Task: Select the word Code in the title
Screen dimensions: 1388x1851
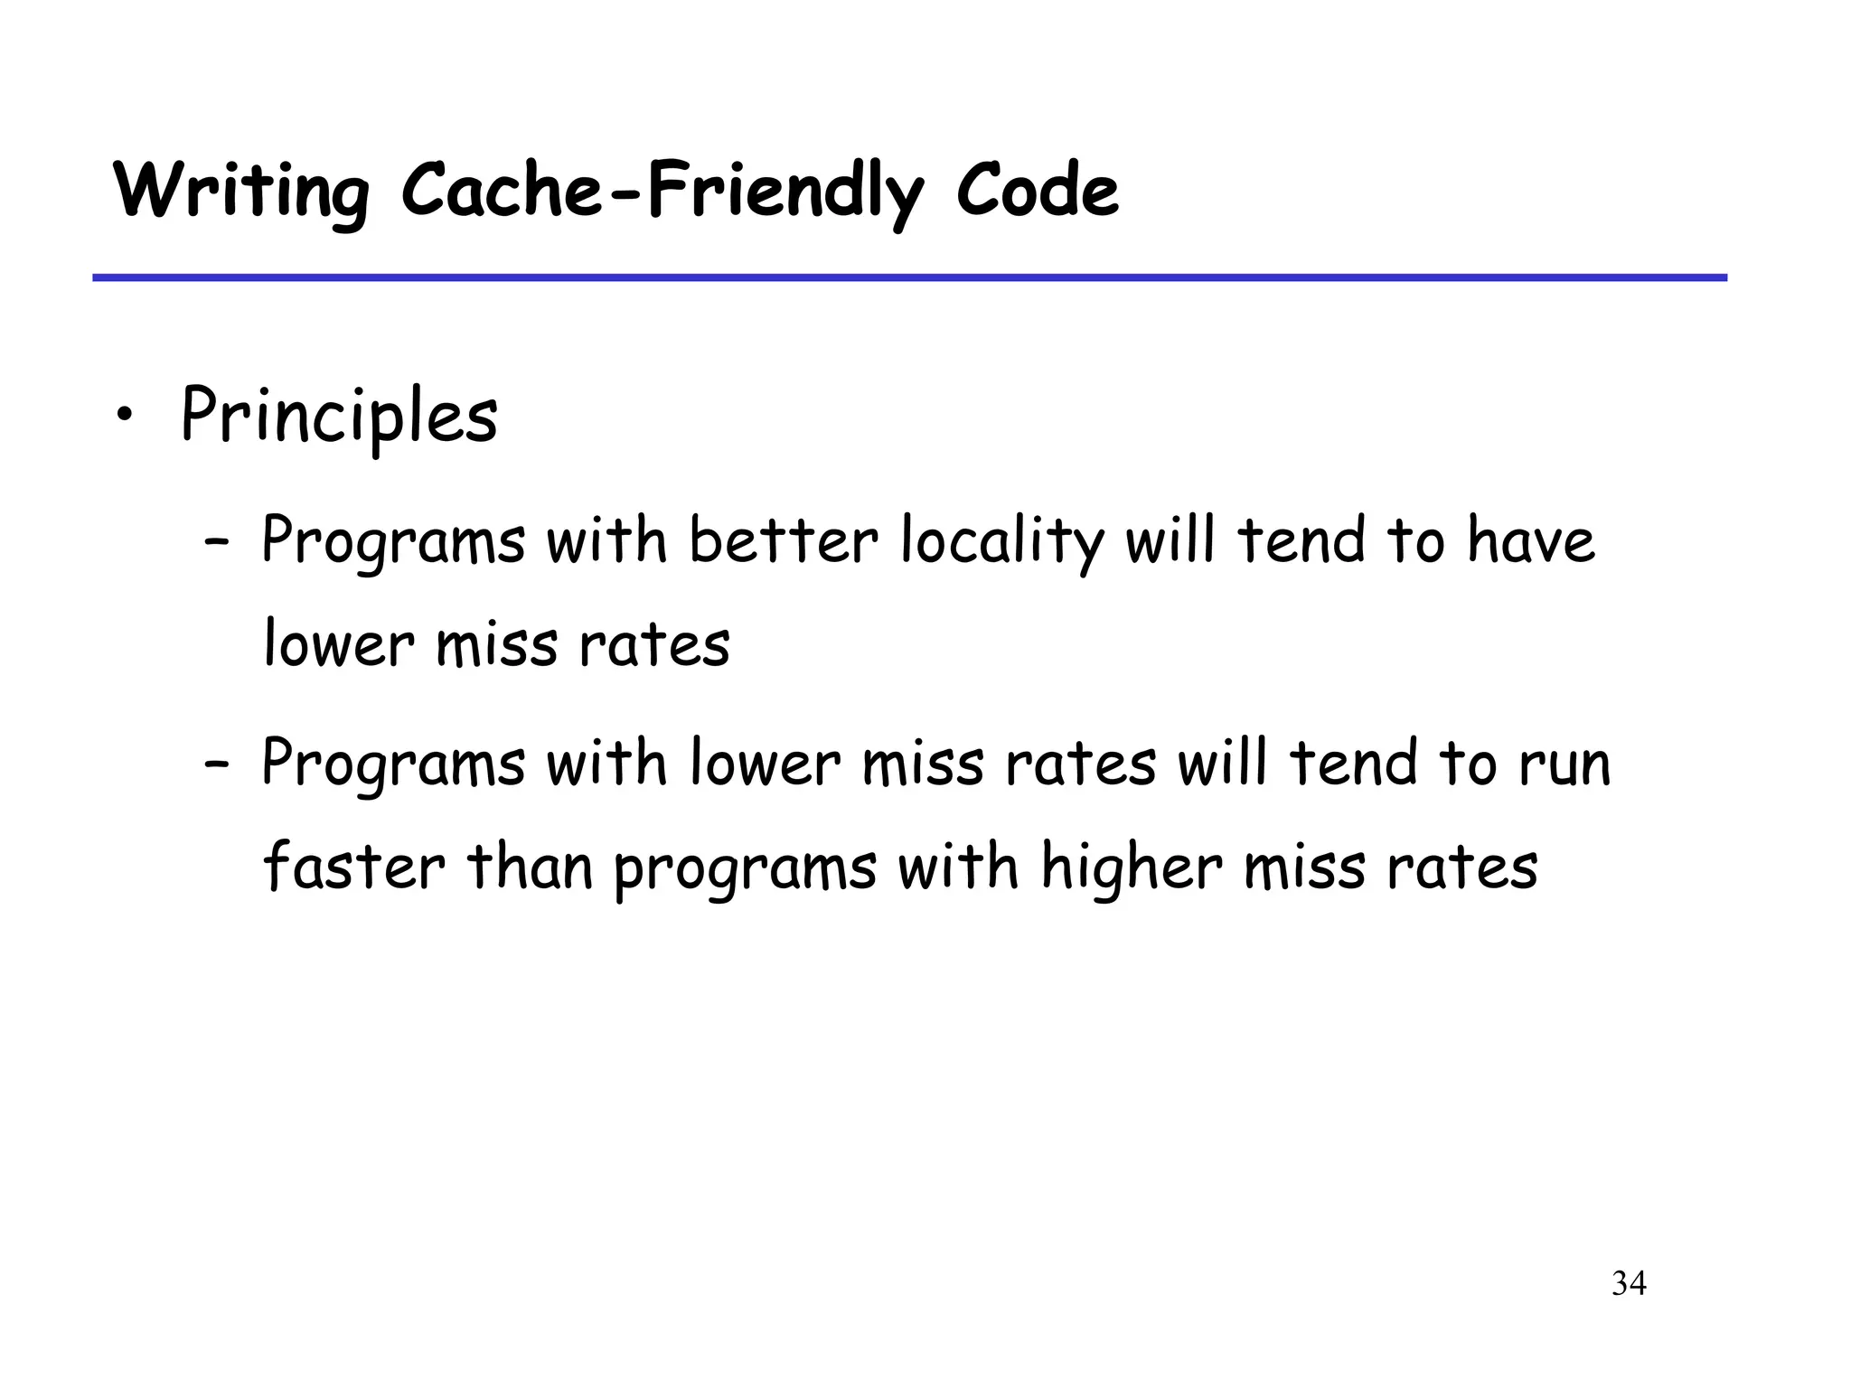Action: pyautogui.click(x=1037, y=192)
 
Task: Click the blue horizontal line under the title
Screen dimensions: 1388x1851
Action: pyautogui.click(x=909, y=277)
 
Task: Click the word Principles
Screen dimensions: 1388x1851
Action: pyautogui.click(x=339, y=416)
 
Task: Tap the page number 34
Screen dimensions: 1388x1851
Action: pyautogui.click(x=1629, y=1283)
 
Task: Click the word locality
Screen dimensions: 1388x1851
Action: pyautogui.click(x=1001, y=542)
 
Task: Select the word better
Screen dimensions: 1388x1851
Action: pyautogui.click(x=783, y=542)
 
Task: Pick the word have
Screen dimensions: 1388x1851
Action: pyautogui.click(x=1530, y=542)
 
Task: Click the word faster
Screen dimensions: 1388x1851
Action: pyautogui.click(x=354, y=867)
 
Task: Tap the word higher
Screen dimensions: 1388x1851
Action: pyautogui.click(x=1132, y=867)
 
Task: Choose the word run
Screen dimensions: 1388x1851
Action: pyautogui.click(x=1564, y=764)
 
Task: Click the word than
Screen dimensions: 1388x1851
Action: pyautogui.click(x=529, y=867)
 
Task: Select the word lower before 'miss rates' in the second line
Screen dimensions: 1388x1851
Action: pyautogui.click(x=339, y=645)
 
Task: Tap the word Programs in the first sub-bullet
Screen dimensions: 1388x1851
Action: pyautogui.click(x=393, y=542)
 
